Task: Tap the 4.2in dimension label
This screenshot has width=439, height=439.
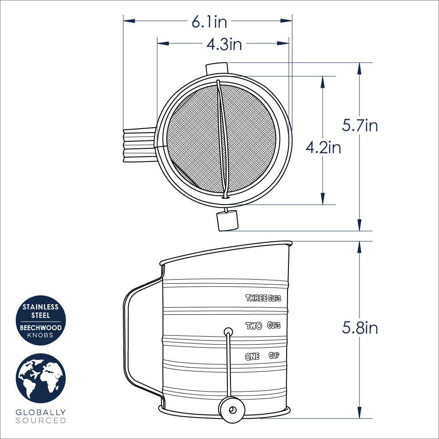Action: tap(323, 148)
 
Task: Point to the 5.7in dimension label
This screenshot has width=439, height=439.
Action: tap(360, 126)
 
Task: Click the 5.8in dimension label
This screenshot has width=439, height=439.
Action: tap(360, 328)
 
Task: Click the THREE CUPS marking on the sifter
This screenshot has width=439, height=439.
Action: tap(263, 299)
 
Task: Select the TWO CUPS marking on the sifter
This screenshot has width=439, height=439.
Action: tap(263, 326)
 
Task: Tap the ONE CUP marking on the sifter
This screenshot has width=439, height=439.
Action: tap(262, 356)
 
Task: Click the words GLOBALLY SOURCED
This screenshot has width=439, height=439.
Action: tap(41, 416)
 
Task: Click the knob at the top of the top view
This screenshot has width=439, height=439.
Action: tap(217, 68)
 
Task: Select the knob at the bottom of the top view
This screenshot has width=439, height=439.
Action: tap(227, 221)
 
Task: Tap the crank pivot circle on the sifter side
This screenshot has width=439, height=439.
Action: tap(228, 331)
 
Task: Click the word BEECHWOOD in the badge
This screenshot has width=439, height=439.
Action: tap(42, 327)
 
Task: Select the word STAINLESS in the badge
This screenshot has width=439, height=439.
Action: tap(42, 307)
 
